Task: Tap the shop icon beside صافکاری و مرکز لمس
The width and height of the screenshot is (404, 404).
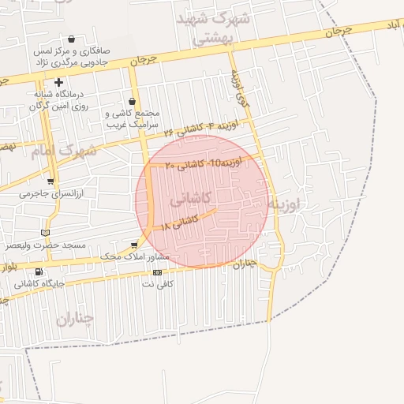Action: (x=72, y=39)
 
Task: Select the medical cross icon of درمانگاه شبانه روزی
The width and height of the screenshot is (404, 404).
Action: (x=58, y=82)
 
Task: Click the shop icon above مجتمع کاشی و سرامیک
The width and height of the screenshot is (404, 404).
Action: (x=132, y=101)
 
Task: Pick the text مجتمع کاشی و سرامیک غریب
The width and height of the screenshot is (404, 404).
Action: (x=132, y=118)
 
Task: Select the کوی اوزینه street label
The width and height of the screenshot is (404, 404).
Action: (x=239, y=88)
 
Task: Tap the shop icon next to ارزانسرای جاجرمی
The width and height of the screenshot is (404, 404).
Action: (x=50, y=179)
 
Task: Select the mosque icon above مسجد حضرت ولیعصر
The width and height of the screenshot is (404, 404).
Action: (x=45, y=233)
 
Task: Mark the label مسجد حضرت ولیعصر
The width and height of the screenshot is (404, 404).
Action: (x=47, y=245)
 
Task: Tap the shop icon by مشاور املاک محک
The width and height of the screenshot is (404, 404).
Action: (x=133, y=245)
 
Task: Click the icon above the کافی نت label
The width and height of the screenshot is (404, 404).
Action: (x=157, y=272)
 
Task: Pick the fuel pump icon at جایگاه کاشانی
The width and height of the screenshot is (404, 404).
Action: (x=39, y=272)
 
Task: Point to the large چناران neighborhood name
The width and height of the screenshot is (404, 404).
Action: (x=74, y=320)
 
